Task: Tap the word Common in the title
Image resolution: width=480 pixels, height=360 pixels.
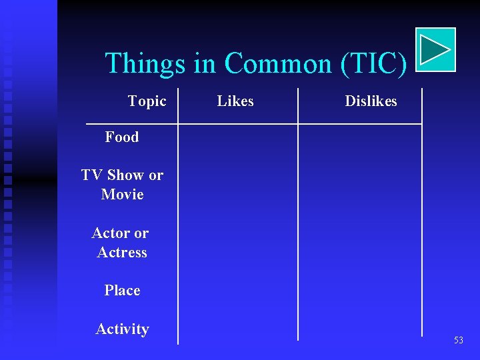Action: coord(279,64)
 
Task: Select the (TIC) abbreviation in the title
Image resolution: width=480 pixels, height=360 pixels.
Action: coord(373,64)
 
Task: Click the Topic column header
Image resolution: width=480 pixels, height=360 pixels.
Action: coord(147,101)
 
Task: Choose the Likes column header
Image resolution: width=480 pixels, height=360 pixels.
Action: coord(235,101)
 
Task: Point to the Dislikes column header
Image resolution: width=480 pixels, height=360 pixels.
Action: coord(371,101)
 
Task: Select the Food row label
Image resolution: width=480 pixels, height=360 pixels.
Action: coord(122,137)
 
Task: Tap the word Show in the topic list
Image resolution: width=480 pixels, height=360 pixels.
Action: coord(125,175)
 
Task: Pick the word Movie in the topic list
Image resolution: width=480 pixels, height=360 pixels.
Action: coord(122,195)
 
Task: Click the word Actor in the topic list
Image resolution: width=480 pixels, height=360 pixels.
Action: coord(111,233)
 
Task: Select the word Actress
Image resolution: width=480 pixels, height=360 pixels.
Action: coord(122,253)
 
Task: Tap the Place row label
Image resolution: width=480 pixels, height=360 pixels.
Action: coord(122,291)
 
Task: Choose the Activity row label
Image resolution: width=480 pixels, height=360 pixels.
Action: coord(122,329)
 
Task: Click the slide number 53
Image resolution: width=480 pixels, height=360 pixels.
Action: coord(458,341)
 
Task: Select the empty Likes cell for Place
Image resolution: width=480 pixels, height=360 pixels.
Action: coord(237,291)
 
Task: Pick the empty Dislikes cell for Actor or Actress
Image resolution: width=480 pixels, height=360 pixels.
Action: coord(359,243)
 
